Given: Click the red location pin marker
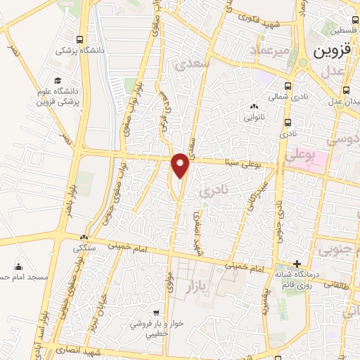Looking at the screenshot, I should pos(181,165).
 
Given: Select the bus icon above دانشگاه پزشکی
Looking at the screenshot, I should pos(80,39).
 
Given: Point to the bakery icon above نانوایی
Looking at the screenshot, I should pos(255,107).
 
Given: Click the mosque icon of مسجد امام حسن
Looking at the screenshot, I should pos(18,267).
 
